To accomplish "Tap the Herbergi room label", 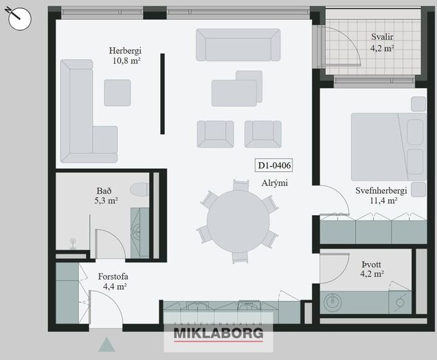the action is pos(125,51).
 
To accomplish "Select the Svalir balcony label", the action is pos(382,37).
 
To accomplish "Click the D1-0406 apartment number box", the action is pos(274,166).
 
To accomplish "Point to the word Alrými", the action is pos(275,183).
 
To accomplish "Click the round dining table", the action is pos(238,221).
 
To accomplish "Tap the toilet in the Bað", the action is pos(139,190).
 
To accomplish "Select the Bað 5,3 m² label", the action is pos(106,196).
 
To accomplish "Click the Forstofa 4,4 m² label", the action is pos(113,282).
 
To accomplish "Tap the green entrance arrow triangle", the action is pos(107,345).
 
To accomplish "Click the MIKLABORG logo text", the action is pos(218,333).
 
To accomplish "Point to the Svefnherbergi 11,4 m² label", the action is pos(381,196).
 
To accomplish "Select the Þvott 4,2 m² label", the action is pos(372,269).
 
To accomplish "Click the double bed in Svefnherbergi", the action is pos(388,147).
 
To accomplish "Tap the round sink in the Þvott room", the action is pos(333,302).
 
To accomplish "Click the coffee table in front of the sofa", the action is pos(236,89).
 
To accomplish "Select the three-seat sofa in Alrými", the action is pos(238,45).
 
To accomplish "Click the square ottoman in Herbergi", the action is pos(117,93).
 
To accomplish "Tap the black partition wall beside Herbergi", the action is pos(162,94).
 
